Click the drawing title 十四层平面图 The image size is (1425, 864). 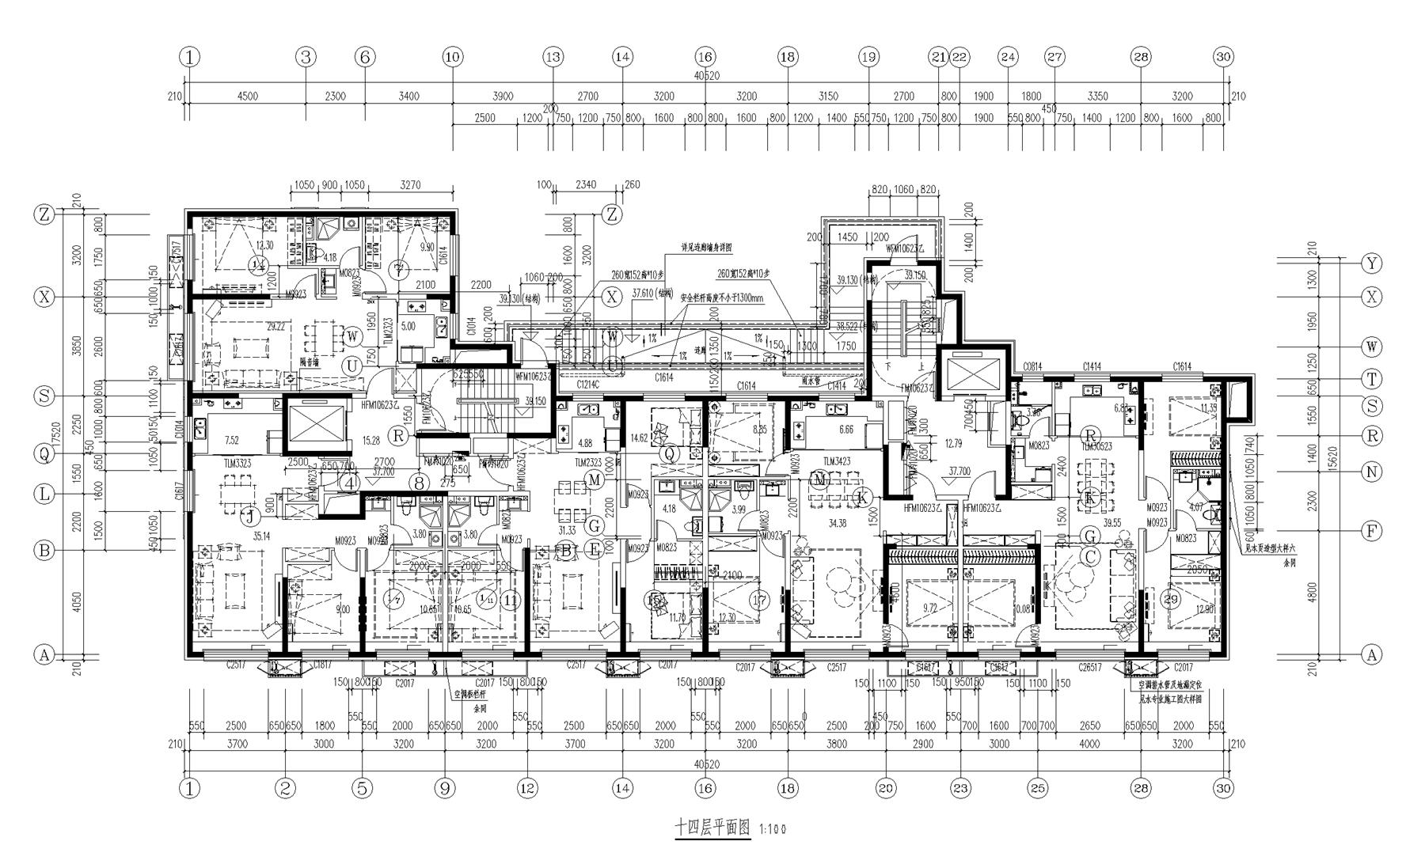point(711,828)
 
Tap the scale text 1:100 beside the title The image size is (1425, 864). point(772,830)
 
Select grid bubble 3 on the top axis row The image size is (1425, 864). point(306,57)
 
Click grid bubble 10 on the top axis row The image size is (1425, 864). point(452,57)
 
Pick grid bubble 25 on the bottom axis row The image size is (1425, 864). point(1037,788)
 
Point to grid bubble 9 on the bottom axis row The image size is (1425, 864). point(445,788)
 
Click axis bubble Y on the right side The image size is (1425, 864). point(1371,263)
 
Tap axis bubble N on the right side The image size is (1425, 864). point(1371,472)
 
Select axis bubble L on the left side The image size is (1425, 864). point(44,494)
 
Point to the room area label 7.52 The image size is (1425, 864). point(232,440)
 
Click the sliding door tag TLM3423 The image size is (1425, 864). point(838,461)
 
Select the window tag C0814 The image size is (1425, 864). point(1032,367)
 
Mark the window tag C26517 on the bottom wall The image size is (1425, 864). point(1089,668)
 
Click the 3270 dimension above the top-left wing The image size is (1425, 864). point(410,185)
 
